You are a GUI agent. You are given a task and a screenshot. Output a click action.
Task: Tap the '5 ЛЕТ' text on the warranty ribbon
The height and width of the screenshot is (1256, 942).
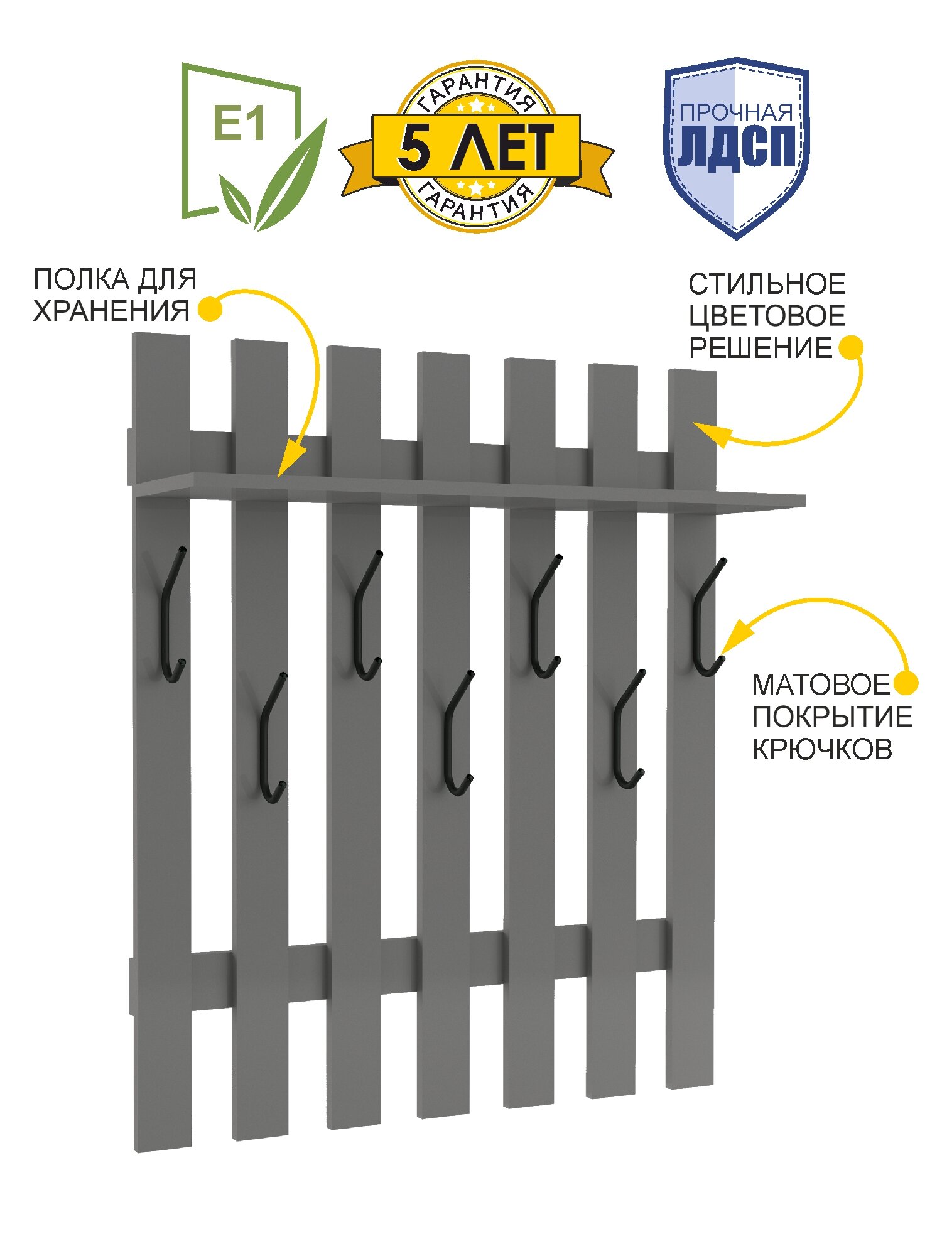[x=475, y=147]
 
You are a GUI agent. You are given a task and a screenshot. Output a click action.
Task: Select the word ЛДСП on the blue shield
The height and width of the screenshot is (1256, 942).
[x=737, y=147]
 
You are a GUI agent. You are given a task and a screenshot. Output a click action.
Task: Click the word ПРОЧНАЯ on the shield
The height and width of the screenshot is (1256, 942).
[x=736, y=112]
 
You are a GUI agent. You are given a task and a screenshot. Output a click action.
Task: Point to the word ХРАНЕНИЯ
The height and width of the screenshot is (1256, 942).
[x=111, y=311]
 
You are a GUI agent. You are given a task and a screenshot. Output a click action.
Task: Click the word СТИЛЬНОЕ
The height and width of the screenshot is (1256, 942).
[x=767, y=284]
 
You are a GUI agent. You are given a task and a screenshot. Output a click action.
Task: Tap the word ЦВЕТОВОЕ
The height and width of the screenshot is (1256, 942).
[x=767, y=316]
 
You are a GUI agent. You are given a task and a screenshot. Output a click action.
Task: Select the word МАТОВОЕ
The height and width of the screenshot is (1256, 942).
[x=821, y=685]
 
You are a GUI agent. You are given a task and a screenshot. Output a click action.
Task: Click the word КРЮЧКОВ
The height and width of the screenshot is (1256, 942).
[x=822, y=749]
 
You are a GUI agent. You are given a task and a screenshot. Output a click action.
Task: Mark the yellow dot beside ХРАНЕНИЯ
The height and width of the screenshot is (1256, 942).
[x=210, y=309]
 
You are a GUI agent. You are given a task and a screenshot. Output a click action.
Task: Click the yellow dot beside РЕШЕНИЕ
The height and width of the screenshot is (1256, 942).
[x=851, y=347]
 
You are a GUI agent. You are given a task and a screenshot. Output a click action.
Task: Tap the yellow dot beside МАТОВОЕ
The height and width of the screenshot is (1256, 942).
[x=906, y=683]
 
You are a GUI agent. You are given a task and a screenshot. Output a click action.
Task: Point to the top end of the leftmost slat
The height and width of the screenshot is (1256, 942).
[x=161, y=339]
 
